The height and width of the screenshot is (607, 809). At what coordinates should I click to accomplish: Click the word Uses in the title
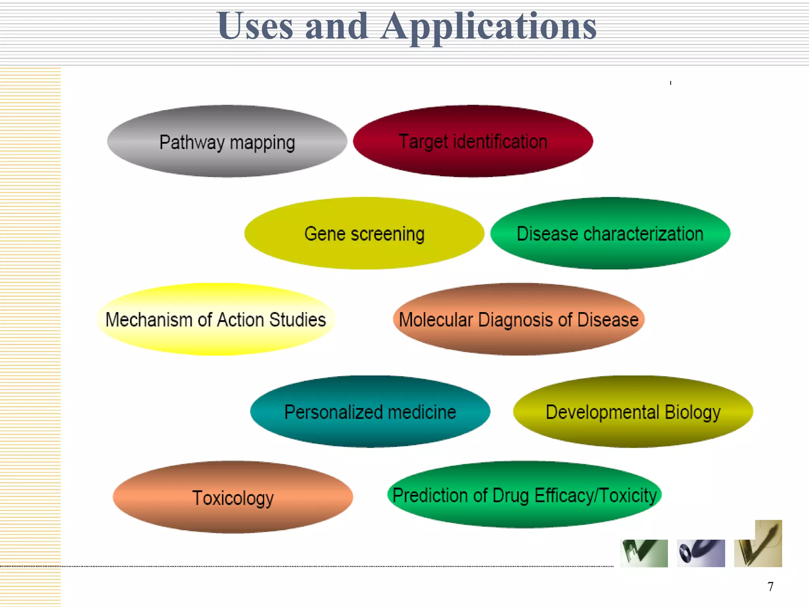pos(255,26)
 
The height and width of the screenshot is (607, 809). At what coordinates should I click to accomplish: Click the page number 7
pos(770,586)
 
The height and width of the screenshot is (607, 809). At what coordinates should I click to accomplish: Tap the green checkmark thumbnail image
pos(644,553)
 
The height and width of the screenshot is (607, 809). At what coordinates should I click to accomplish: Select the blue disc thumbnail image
pos(701,553)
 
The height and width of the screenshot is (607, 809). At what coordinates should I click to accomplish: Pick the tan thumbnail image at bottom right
pos(758,545)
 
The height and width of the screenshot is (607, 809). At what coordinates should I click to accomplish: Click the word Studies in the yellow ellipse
pos(297,320)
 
